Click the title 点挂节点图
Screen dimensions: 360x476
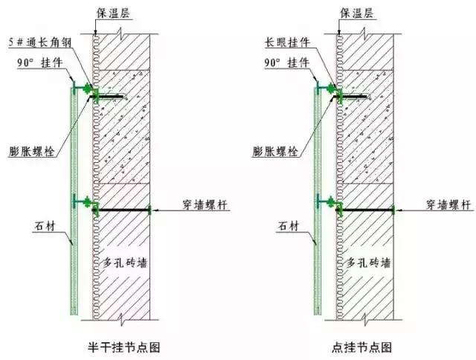[x=361, y=346]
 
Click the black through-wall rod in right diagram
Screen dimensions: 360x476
[x=366, y=211]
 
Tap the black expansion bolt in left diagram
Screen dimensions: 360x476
[x=111, y=97]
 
